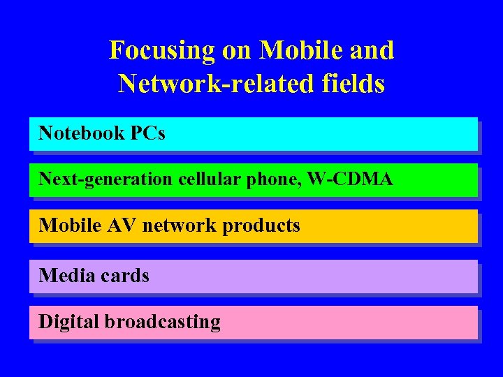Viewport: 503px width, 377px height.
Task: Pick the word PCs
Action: (147, 133)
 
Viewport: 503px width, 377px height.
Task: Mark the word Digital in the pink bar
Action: (68, 322)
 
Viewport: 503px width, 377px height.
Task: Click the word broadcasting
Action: (162, 322)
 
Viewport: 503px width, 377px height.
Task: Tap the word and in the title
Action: (374, 50)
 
